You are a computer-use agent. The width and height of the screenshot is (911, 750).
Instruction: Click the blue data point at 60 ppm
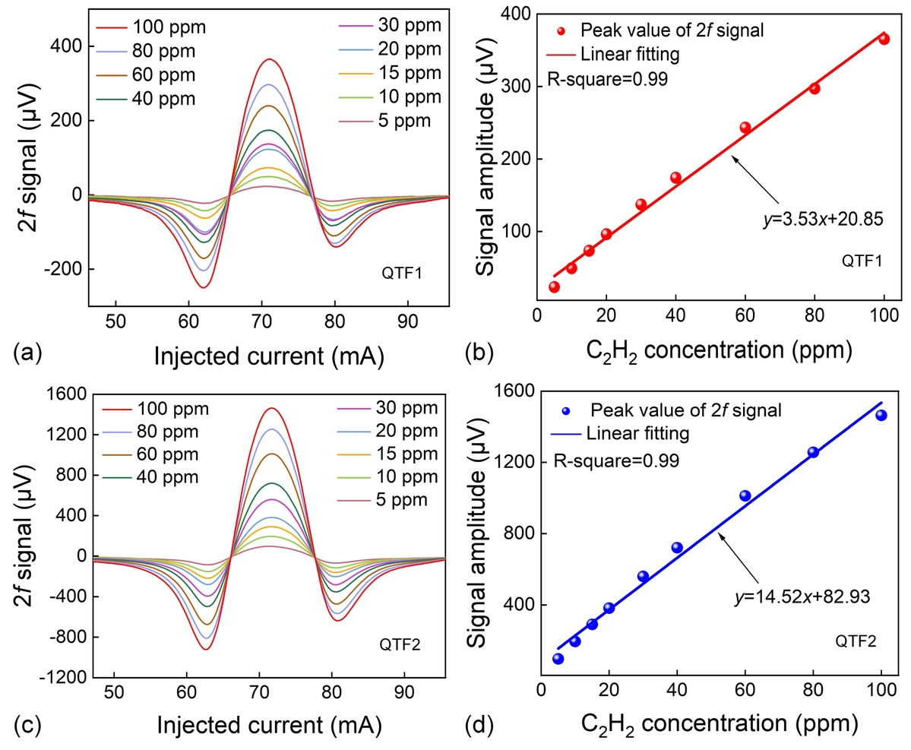(x=745, y=496)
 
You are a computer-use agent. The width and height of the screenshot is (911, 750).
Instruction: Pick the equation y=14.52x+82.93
(x=803, y=597)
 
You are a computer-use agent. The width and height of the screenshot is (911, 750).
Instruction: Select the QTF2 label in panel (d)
(x=856, y=641)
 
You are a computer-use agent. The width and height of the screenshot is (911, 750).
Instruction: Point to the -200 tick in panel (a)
(x=67, y=269)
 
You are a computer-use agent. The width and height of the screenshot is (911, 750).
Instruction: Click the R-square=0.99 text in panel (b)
(x=607, y=78)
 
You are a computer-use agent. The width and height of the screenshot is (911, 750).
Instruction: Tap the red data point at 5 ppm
(x=554, y=286)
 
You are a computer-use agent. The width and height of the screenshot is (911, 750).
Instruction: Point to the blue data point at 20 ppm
(x=609, y=608)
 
